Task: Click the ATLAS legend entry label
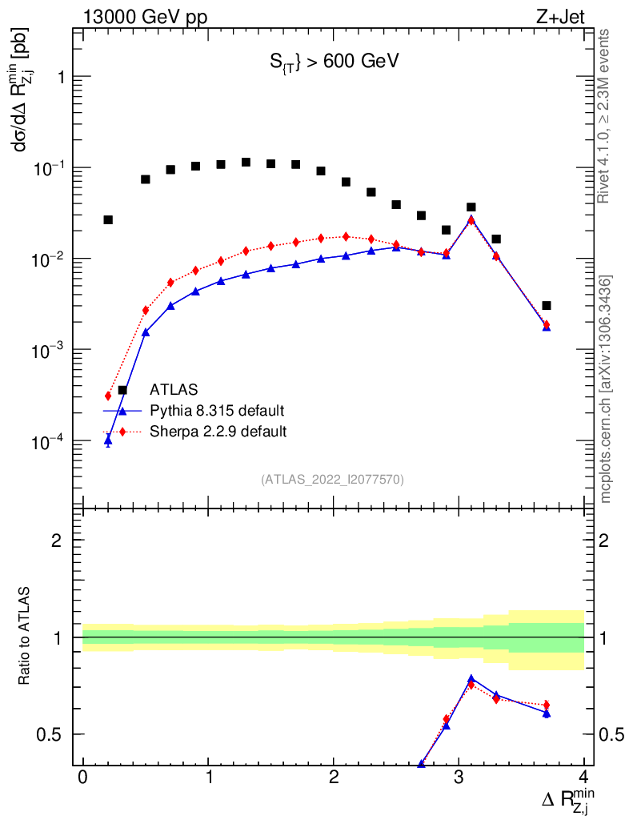tap(174, 391)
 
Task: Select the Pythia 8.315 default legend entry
tap(217, 411)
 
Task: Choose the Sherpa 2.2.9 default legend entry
tap(218, 432)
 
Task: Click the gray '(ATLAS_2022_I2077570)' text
tap(332, 480)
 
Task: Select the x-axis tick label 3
tap(459, 778)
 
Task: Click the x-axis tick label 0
tap(83, 778)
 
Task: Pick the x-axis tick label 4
tap(583, 778)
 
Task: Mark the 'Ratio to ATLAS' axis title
tap(26, 637)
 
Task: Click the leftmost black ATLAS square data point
tap(108, 219)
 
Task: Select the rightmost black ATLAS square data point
tap(546, 305)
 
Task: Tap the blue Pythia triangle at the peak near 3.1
tap(471, 219)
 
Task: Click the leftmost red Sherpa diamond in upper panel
tap(108, 396)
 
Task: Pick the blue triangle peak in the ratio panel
tap(471, 679)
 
